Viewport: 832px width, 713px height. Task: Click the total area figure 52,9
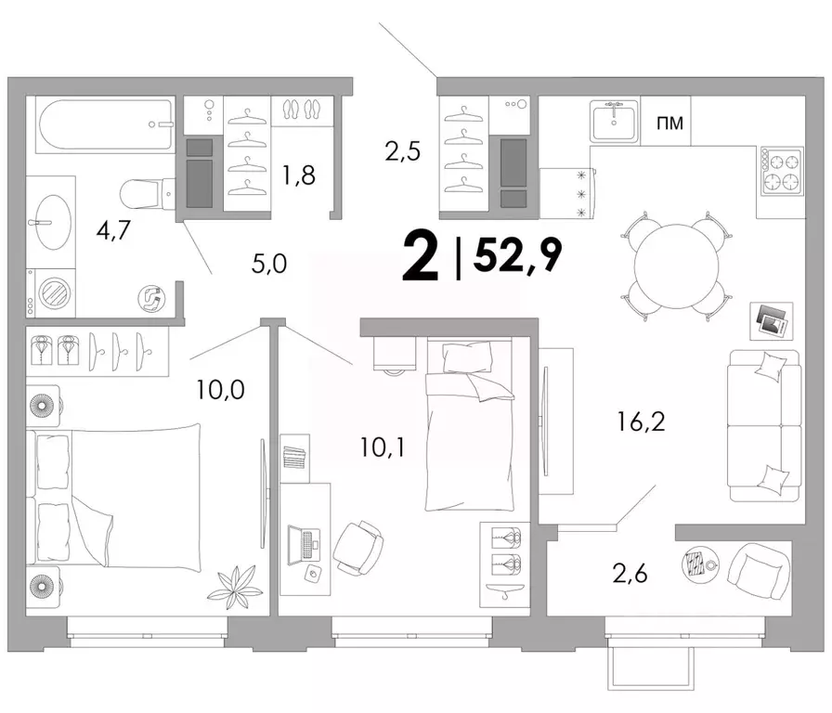click(x=517, y=254)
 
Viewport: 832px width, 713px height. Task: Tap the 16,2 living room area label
click(x=641, y=421)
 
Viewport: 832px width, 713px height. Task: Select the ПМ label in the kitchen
click(x=670, y=123)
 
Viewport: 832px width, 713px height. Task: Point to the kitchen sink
click(x=614, y=120)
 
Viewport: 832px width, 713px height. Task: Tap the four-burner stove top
click(x=782, y=171)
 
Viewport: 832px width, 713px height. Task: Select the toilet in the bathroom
click(x=148, y=193)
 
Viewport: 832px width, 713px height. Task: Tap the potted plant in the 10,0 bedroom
click(x=233, y=587)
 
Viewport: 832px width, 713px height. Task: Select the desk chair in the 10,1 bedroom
click(x=358, y=549)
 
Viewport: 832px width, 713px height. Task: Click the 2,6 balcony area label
click(x=630, y=574)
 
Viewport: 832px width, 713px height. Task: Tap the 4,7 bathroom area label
click(x=113, y=229)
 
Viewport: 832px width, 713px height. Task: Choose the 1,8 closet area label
click(x=299, y=175)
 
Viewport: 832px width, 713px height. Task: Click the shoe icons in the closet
click(x=302, y=109)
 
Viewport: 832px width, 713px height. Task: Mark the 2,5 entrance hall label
click(x=403, y=150)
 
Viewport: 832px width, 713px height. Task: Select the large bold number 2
click(x=422, y=257)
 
